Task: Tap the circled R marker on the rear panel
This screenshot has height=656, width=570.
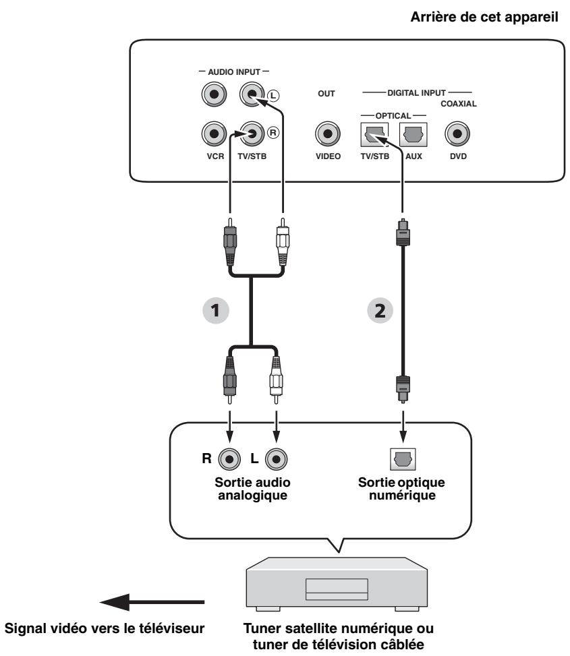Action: click(273, 131)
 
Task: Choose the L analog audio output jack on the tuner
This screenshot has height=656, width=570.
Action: click(275, 458)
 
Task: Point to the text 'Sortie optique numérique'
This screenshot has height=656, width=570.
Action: click(403, 491)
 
